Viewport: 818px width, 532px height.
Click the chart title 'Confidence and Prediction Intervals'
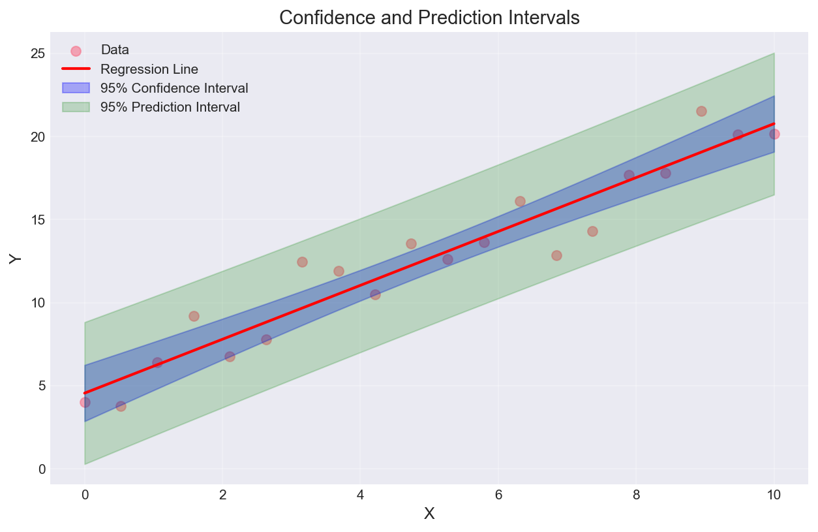coord(429,18)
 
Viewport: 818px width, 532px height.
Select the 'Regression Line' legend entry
coord(149,69)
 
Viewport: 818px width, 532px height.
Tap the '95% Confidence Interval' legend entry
coord(174,87)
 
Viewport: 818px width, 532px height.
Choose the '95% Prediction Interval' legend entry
coord(170,107)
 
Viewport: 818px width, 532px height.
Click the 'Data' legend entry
coord(115,50)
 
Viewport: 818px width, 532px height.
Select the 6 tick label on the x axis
coord(498,495)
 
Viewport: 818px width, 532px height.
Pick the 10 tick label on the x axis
coord(774,495)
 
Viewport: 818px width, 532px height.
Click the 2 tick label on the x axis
coord(222,495)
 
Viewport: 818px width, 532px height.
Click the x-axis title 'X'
coord(429,514)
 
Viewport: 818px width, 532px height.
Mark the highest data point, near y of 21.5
coord(701,111)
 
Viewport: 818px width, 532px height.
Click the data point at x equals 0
coord(85,402)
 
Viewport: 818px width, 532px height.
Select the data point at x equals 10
coord(774,134)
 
